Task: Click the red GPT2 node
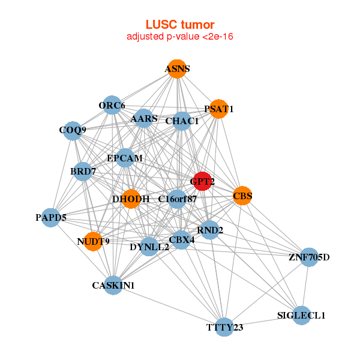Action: tap(203, 181)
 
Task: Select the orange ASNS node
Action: tap(176, 69)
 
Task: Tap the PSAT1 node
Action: tap(218, 109)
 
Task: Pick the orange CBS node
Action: tap(242, 196)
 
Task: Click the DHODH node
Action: tap(131, 199)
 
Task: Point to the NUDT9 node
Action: tap(93, 242)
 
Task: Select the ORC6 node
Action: tap(112, 106)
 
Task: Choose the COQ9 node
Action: tap(73, 130)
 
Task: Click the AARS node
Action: tap(144, 119)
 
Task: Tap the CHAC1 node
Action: tap(182, 121)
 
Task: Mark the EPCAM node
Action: tap(125, 158)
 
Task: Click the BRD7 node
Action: tap(83, 172)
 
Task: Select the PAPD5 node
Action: tap(51, 217)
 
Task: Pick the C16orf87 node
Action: tap(177, 199)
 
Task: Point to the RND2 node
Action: tap(209, 230)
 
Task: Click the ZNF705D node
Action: tap(309, 258)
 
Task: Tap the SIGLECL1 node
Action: tap(301, 315)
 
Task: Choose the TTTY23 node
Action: tap(224, 327)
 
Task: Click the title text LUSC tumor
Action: tap(179, 25)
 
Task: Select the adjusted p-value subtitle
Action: tap(179, 37)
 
